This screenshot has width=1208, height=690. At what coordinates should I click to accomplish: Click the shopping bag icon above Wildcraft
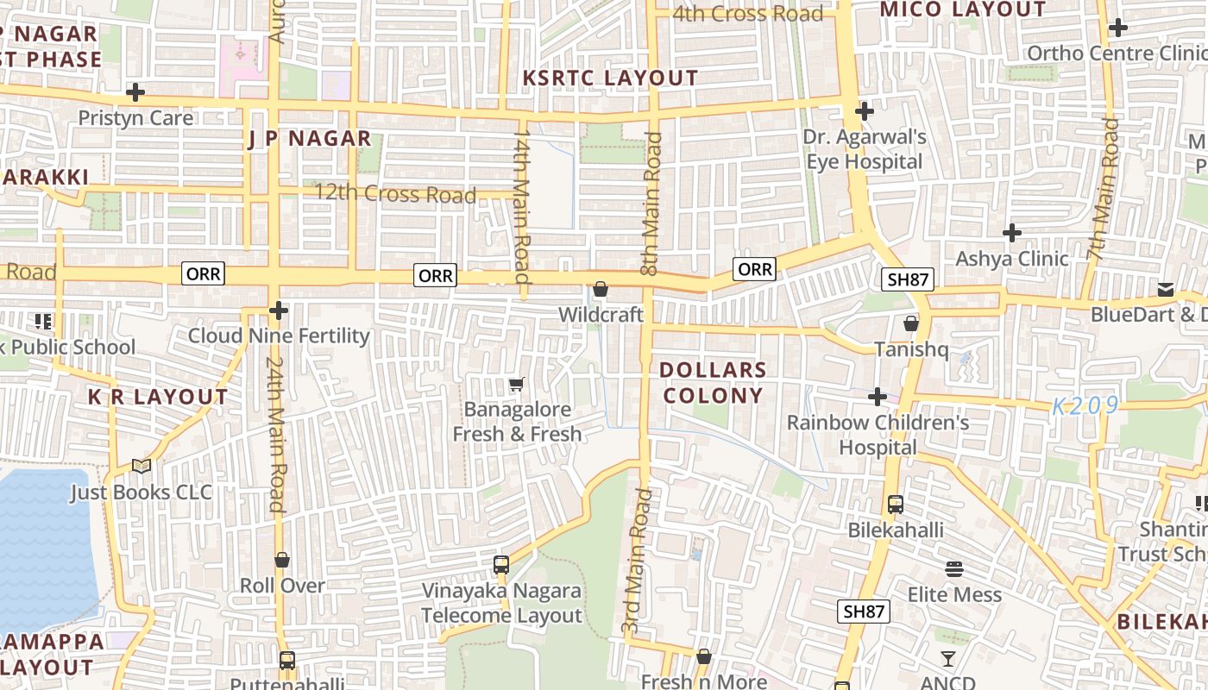coord(601,289)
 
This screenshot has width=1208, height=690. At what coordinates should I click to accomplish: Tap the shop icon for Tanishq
coord(910,323)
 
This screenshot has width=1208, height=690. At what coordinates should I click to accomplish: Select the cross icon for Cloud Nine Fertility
coord(278,310)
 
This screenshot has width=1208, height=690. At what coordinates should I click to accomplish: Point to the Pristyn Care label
coord(135,117)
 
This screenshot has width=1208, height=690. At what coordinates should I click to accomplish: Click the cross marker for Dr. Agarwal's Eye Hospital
coord(864,111)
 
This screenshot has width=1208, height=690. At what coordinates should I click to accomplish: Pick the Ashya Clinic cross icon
coord(1011,233)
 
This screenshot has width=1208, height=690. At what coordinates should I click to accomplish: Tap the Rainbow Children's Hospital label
coord(878,435)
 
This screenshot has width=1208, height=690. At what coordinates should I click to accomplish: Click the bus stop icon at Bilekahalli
coord(895,505)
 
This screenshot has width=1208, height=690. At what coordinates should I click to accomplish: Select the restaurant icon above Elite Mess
coord(953,569)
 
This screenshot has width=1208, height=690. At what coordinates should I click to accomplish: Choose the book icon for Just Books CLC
coord(142,467)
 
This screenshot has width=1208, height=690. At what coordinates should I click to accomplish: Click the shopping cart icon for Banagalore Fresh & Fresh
coord(516,384)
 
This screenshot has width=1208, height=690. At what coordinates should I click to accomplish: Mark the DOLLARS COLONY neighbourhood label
coord(713,382)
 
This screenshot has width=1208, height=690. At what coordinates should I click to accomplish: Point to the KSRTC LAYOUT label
coord(610,78)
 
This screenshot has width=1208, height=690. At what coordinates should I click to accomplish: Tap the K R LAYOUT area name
coord(158,397)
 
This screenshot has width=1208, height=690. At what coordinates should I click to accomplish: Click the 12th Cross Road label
coord(395,193)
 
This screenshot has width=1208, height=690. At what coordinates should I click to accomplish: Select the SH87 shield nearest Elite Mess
coord(864,612)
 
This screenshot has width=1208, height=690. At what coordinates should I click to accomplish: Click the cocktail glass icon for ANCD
coord(947,659)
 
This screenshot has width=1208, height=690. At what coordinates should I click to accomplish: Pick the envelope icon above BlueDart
coord(1166,289)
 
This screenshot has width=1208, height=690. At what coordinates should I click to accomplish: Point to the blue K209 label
coord(1085,406)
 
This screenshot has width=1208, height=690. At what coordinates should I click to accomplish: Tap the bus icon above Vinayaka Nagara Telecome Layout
coord(501,565)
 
